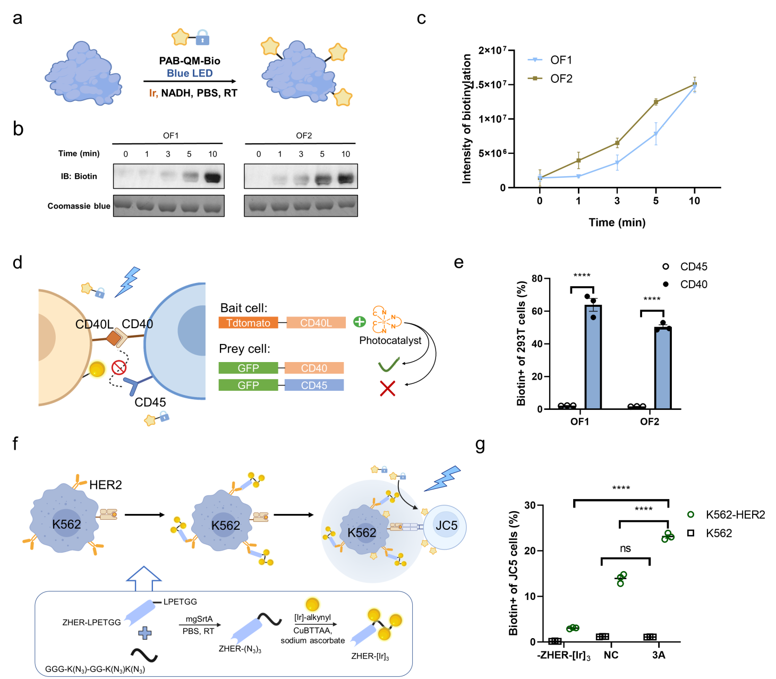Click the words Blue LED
(x=190, y=73)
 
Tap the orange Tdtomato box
(x=248, y=323)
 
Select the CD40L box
(x=316, y=323)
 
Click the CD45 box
(x=314, y=385)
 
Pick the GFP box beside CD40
(x=248, y=368)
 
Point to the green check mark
(x=388, y=365)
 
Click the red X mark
(x=388, y=389)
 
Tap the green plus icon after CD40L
(x=360, y=322)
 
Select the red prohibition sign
(x=119, y=367)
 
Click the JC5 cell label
(x=446, y=526)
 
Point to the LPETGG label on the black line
(x=180, y=601)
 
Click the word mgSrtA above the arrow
(x=199, y=619)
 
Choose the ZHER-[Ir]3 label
(x=370, y=657)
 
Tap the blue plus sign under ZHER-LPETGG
(x=144, y=633)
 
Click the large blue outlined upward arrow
(x=144, y=578)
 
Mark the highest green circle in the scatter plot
(x=690, y=514)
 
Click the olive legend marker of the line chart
(x=535, y=78)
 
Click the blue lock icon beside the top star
(x=202, y=38)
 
